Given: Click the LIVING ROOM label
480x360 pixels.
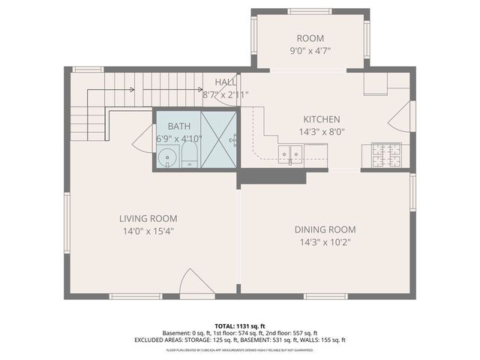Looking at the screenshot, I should coord(148,218).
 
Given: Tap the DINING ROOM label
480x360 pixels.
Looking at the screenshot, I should coord(325,229).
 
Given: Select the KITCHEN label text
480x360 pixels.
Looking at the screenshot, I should coord(321,119).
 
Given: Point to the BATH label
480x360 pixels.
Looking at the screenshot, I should coord(178,126).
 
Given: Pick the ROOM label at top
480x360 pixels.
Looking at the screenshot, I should coord(310,38).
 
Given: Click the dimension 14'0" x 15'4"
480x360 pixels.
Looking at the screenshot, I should coord(148,231).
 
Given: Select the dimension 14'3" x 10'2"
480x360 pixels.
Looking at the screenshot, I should coord(325,241).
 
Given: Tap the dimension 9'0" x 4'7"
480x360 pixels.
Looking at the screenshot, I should coord(310,51).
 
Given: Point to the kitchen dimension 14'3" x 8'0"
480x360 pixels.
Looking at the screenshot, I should coord(321,131).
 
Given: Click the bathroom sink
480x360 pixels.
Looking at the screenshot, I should coord(168,157).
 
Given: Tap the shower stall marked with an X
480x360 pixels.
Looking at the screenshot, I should coord(218,139).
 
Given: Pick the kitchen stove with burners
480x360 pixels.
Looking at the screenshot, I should coord(386,154).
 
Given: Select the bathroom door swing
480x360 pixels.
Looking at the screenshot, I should coord(144,139).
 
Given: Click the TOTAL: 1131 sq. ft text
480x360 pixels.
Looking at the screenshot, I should coord(240,325).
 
